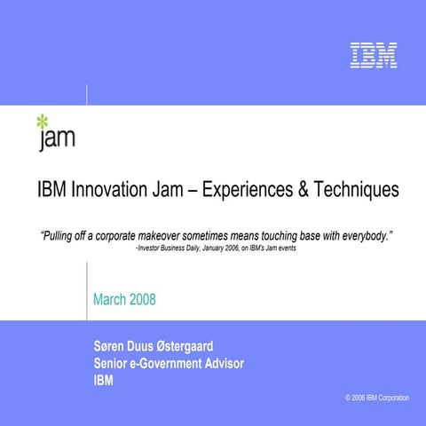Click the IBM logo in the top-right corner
373,55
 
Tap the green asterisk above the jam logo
42,122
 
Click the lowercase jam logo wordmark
57,138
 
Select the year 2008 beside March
142,299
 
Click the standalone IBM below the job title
103,381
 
